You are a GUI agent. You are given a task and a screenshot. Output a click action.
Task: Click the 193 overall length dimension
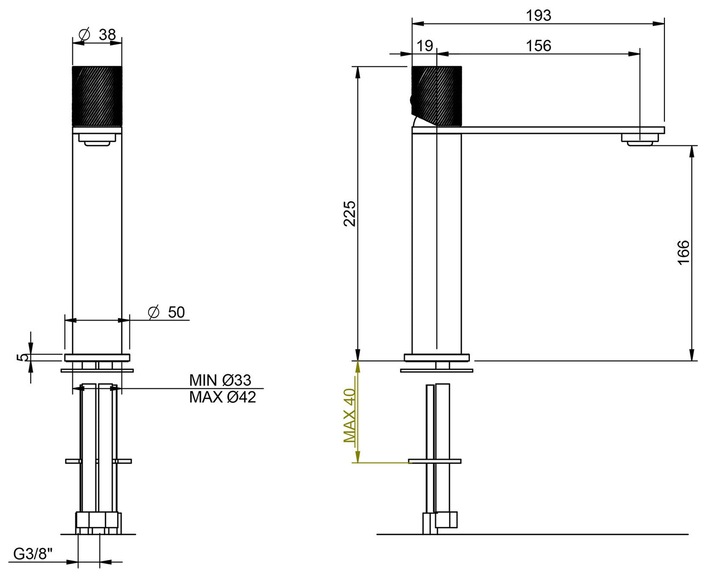click(x=538, y=16)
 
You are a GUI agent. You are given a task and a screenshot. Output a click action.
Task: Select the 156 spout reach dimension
click(x=538, y=46)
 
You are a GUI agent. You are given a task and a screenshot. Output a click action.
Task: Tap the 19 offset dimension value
click(x=425, y=46)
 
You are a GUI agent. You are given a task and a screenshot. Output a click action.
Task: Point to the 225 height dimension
click(x=350, y=213)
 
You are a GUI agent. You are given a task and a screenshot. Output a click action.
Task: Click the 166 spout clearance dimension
click(x=684, y=252)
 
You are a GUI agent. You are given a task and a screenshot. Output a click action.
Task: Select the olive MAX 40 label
click(x=350, y=415)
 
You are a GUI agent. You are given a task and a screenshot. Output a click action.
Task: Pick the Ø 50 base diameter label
click(x=167, y=312)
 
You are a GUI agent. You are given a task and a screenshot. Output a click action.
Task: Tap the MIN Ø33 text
click(x=220, y=380)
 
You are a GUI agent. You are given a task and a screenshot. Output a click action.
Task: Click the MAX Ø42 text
click(x=222, y=397)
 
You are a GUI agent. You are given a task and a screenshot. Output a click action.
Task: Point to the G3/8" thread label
click(x=33, y=554)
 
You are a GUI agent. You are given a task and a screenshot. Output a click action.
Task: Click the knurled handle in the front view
click(x=97, y=95)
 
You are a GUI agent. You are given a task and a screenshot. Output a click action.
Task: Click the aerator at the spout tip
click(x=640, y=140)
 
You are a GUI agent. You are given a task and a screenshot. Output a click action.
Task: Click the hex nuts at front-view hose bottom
click(x=97, y=523)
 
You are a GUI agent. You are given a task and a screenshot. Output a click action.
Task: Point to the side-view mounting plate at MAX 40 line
click(x=434, y=461)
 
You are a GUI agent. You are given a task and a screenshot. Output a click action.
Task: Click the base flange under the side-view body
click(x=436, y=358)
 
